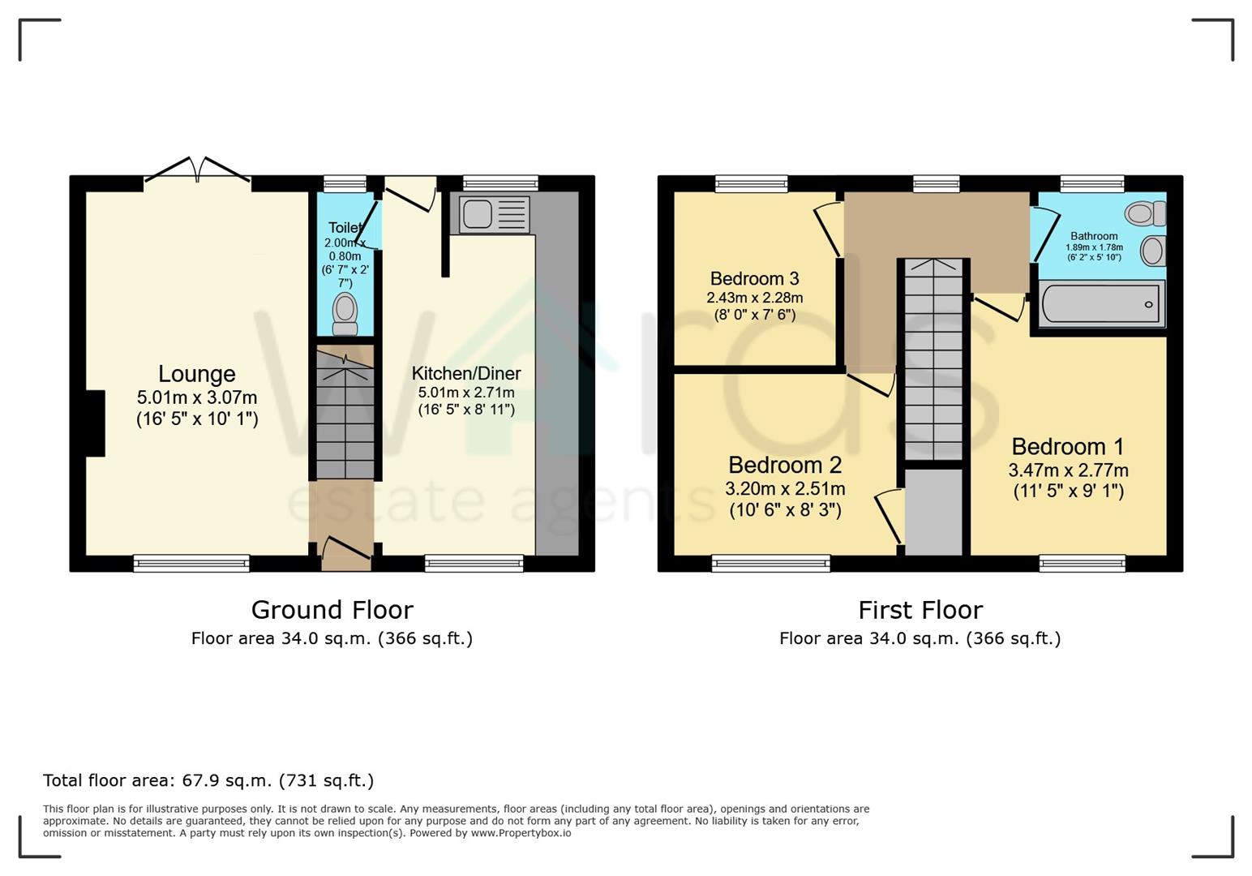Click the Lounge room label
(197, 374)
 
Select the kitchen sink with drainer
(494, 214)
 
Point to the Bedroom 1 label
(1068, 447)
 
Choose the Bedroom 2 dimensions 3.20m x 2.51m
(785, 489)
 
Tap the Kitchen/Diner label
(466, 374)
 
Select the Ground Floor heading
(332, 610)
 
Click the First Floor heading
(920, 610)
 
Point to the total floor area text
(208, 780)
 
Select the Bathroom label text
(1094, 236)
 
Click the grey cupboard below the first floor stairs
(933, 511)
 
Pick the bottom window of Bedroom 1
(1082, 563)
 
